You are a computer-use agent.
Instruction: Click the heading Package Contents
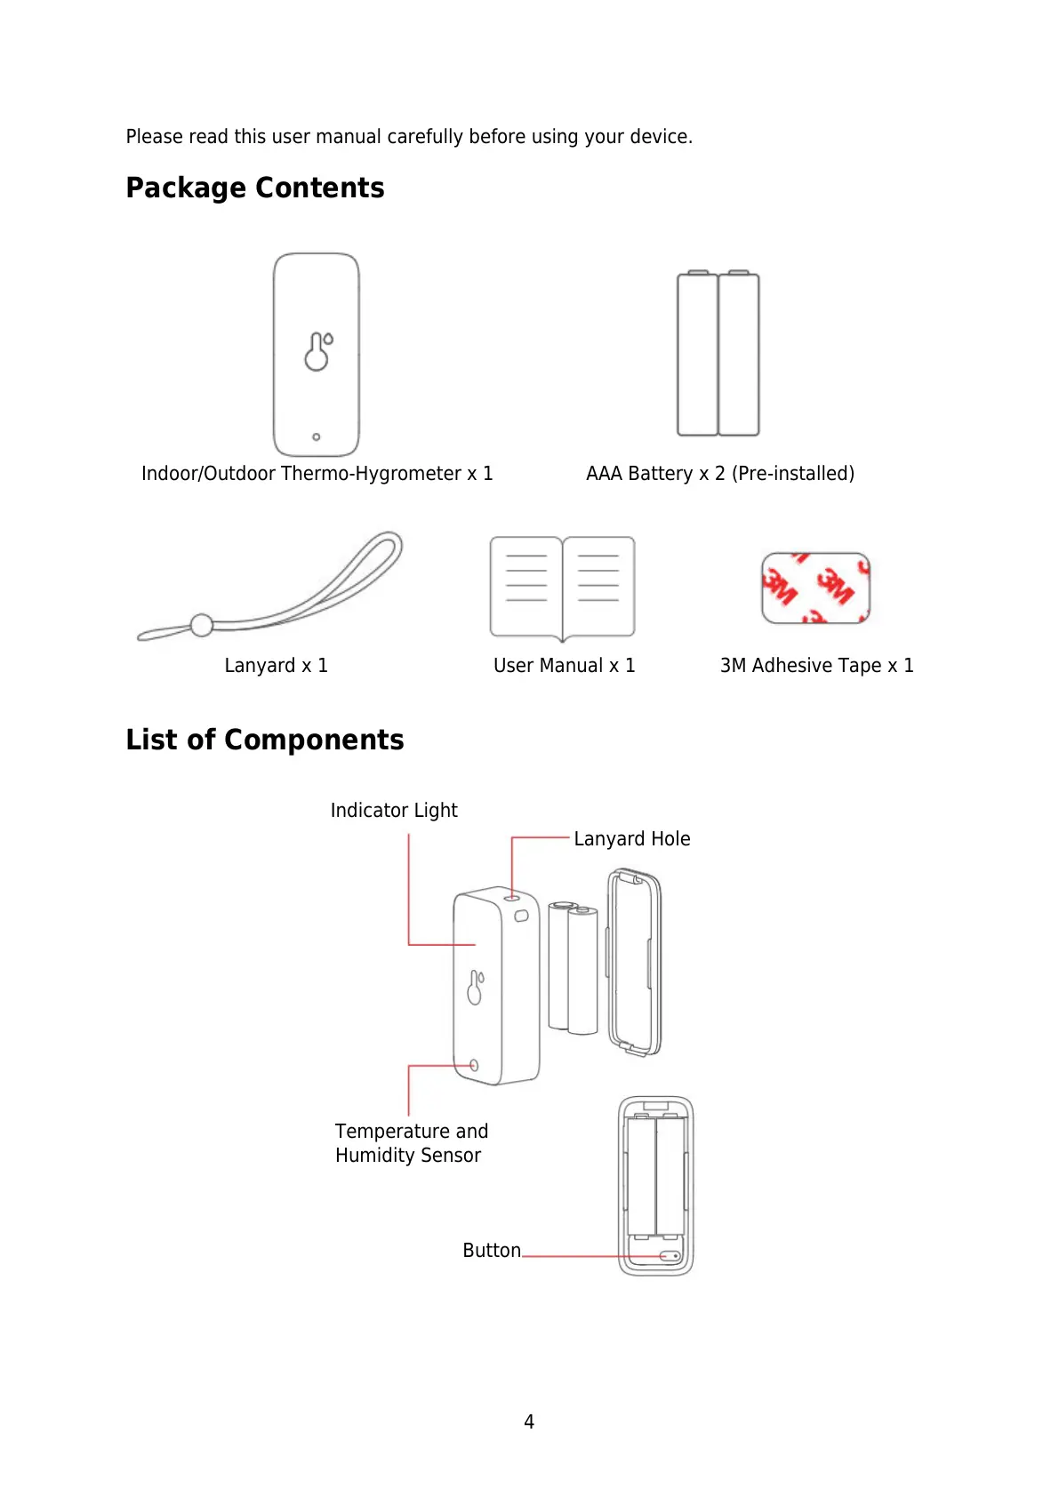tap(255, 188)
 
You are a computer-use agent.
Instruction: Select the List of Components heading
tap(265, 740)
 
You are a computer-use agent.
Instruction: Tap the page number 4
tap(529, 1421)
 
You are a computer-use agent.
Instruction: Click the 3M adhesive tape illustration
tap(815, 588)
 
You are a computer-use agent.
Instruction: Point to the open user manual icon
tap(562, 587)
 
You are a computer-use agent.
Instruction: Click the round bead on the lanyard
tap(202, 625)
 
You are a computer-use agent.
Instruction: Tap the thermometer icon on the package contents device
tap(317, 352)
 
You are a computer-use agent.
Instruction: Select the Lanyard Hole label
tap(631, 838)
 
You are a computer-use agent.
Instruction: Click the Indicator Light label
tap(394, 810)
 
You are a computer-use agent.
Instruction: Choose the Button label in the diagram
tap(492, 1250)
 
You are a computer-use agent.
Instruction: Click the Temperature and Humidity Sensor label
tap(412, 1143)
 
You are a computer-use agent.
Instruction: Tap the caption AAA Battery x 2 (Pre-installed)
tap(720, 473)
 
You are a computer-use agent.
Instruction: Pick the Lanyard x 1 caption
tap(277, 665)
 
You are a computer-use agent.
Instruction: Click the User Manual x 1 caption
tap(565, 665)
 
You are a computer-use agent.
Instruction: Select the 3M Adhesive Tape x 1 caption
tap(816, 665)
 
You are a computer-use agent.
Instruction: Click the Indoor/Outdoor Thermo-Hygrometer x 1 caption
tap(317, 473)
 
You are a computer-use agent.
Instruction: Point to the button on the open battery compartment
tap(670, 1256)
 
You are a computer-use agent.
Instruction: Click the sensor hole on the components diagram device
tap(474, 1065)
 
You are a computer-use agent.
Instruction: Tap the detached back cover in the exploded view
tap(635, 962)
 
